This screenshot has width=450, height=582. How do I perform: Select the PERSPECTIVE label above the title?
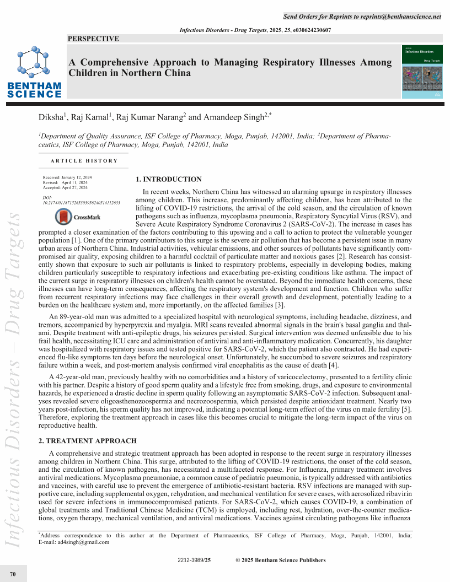click(x=93, y=39)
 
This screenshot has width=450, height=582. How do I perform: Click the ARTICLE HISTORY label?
click(x=84, y=161)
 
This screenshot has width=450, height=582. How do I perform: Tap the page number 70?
click(x=13, y=575)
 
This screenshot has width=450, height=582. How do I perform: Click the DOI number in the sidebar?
click(x=81, y=202)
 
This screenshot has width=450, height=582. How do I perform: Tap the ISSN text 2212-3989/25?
click(x=194, y=561)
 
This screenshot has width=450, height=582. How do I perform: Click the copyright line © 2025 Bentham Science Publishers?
click(x=280, y=561)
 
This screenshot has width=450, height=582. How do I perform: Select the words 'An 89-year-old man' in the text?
click(x=76, y=317)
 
